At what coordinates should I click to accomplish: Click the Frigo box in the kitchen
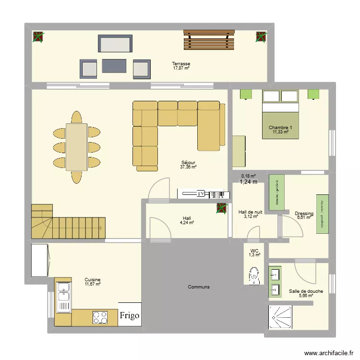point(130,315)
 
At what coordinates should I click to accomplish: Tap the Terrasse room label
point(181,64)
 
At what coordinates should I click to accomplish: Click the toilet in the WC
point(254,276)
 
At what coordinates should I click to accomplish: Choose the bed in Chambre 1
point(280,114)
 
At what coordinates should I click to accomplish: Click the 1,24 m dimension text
point(249,182)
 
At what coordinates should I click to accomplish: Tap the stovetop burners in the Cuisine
point(100,317)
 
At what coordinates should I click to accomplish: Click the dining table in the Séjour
point(77,147)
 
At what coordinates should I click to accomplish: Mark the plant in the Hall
point(221,209)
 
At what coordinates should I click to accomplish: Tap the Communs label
point(198,287)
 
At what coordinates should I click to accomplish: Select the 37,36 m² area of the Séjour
point(188,167)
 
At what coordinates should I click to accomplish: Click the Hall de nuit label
point(250,212)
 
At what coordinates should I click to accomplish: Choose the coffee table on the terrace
point(114,66)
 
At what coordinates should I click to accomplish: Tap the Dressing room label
point(304,214)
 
